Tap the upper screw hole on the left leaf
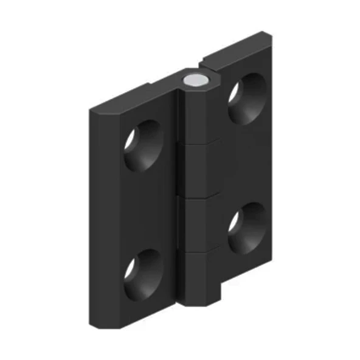(143, 144)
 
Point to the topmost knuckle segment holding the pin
(198, 116)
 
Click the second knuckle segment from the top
(198, 170)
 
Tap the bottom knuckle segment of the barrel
(198, 277)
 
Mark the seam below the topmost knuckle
(198, 144)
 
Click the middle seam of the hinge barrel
(198, 198)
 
